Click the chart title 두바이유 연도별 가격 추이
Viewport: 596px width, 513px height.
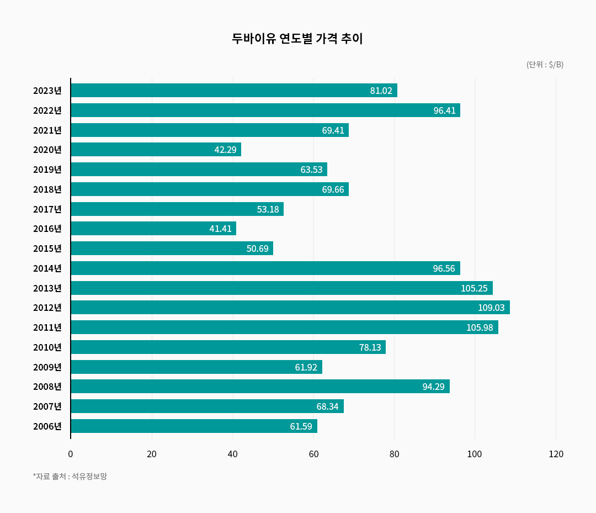click(297, 39)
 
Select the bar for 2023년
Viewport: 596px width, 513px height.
click(234, 91)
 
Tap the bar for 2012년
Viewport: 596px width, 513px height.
click(290, 308)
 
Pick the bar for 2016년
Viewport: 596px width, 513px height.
click(153, 229)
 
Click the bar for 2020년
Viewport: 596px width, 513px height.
click(156, 150)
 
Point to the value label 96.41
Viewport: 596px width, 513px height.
click(444, 110)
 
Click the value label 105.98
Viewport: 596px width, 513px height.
click(479, 327)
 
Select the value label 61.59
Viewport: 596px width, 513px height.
click(301, 426)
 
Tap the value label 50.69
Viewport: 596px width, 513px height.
click(257, 248)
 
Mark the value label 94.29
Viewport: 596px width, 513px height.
click(433, 387)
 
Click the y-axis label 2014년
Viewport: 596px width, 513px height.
click(47, 268)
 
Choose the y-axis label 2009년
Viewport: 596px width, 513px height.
click(47, 367)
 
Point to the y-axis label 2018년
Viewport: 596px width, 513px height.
click(47, 189)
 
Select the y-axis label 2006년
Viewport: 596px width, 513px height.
click(47, 426)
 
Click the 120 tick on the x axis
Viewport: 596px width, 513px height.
click(556, 454)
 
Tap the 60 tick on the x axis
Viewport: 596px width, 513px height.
click(313, 454)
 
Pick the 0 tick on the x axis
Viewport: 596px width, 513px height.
click(71, 454)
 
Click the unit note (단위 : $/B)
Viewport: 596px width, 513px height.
click(545, 65)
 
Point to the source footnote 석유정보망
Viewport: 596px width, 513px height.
click(70, 476)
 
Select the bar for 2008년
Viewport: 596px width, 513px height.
click(260, 387)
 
